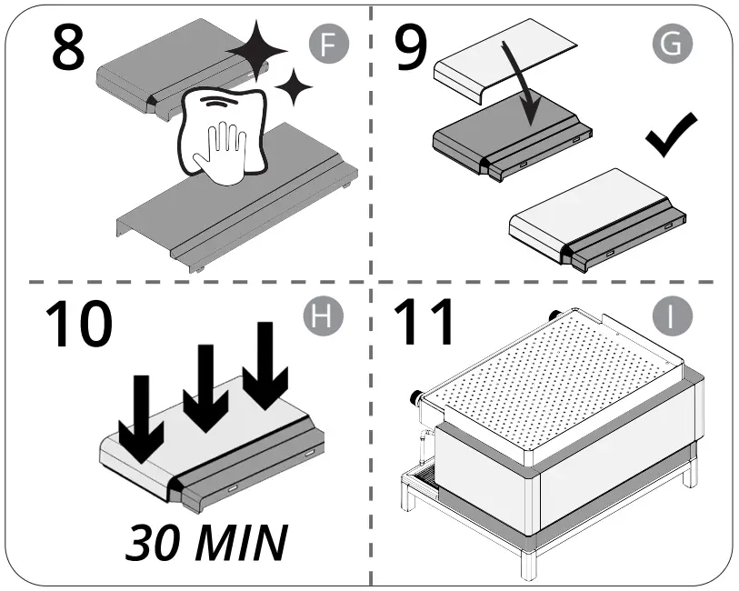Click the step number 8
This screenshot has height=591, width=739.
pos(68,50)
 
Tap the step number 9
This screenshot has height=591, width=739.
pos(411,50)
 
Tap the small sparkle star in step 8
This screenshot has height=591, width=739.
pos(293,88)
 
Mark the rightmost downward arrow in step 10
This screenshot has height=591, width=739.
pos(265,364)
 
